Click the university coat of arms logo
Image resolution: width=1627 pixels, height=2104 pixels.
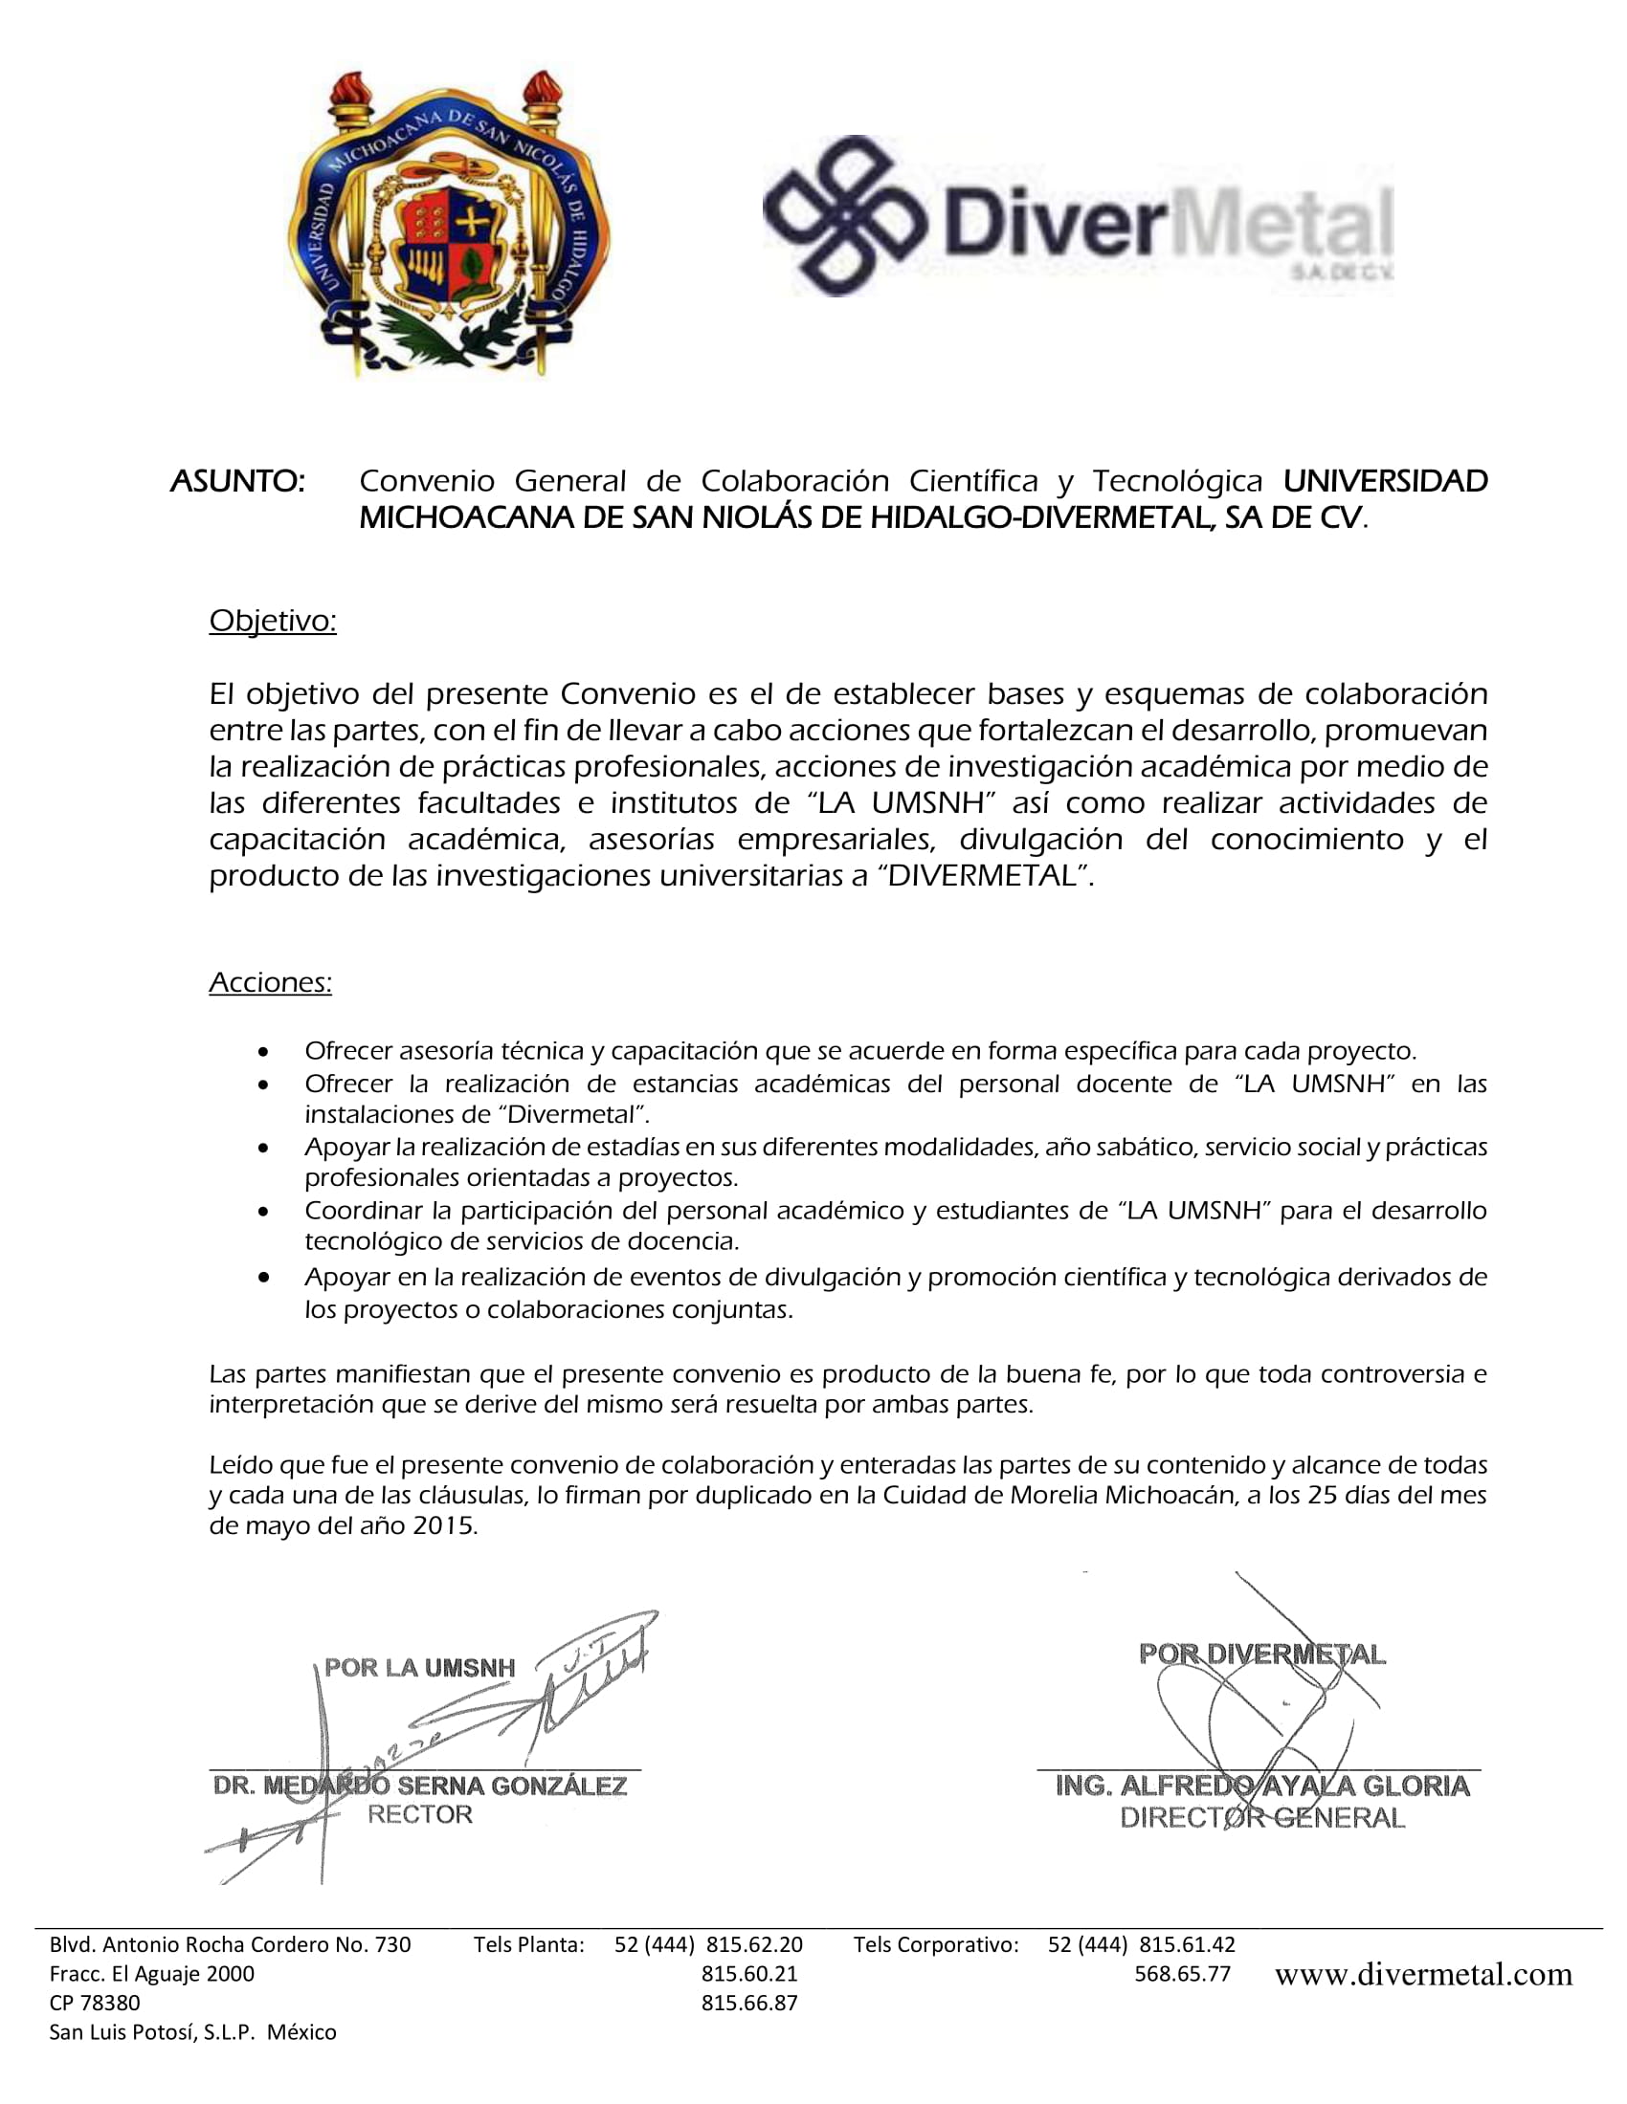448,224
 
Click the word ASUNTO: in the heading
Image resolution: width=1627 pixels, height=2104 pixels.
237,481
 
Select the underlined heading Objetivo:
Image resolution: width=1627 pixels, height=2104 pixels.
273,622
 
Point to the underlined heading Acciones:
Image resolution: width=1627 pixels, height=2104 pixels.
270,982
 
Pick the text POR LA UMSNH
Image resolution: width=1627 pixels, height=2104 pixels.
419,1668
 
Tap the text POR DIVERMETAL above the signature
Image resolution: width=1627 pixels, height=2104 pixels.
1261,1655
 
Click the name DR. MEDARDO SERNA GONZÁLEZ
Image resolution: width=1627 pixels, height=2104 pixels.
420,1786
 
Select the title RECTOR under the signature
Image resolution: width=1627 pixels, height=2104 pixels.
420,1815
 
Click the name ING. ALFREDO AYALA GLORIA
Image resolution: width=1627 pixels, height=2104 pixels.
1262,1786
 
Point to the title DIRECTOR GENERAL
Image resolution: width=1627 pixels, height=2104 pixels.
1262,1817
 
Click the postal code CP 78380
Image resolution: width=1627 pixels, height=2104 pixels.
95,2003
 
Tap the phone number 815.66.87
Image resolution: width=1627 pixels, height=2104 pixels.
749,2003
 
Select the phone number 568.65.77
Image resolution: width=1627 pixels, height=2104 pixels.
1183,1974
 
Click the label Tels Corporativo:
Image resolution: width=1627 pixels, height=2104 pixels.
936,1944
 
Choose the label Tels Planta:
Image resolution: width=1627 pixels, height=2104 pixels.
529,1944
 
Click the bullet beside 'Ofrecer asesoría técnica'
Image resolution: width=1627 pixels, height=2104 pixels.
263,1051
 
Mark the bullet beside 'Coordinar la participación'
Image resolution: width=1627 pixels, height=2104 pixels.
263,1211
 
